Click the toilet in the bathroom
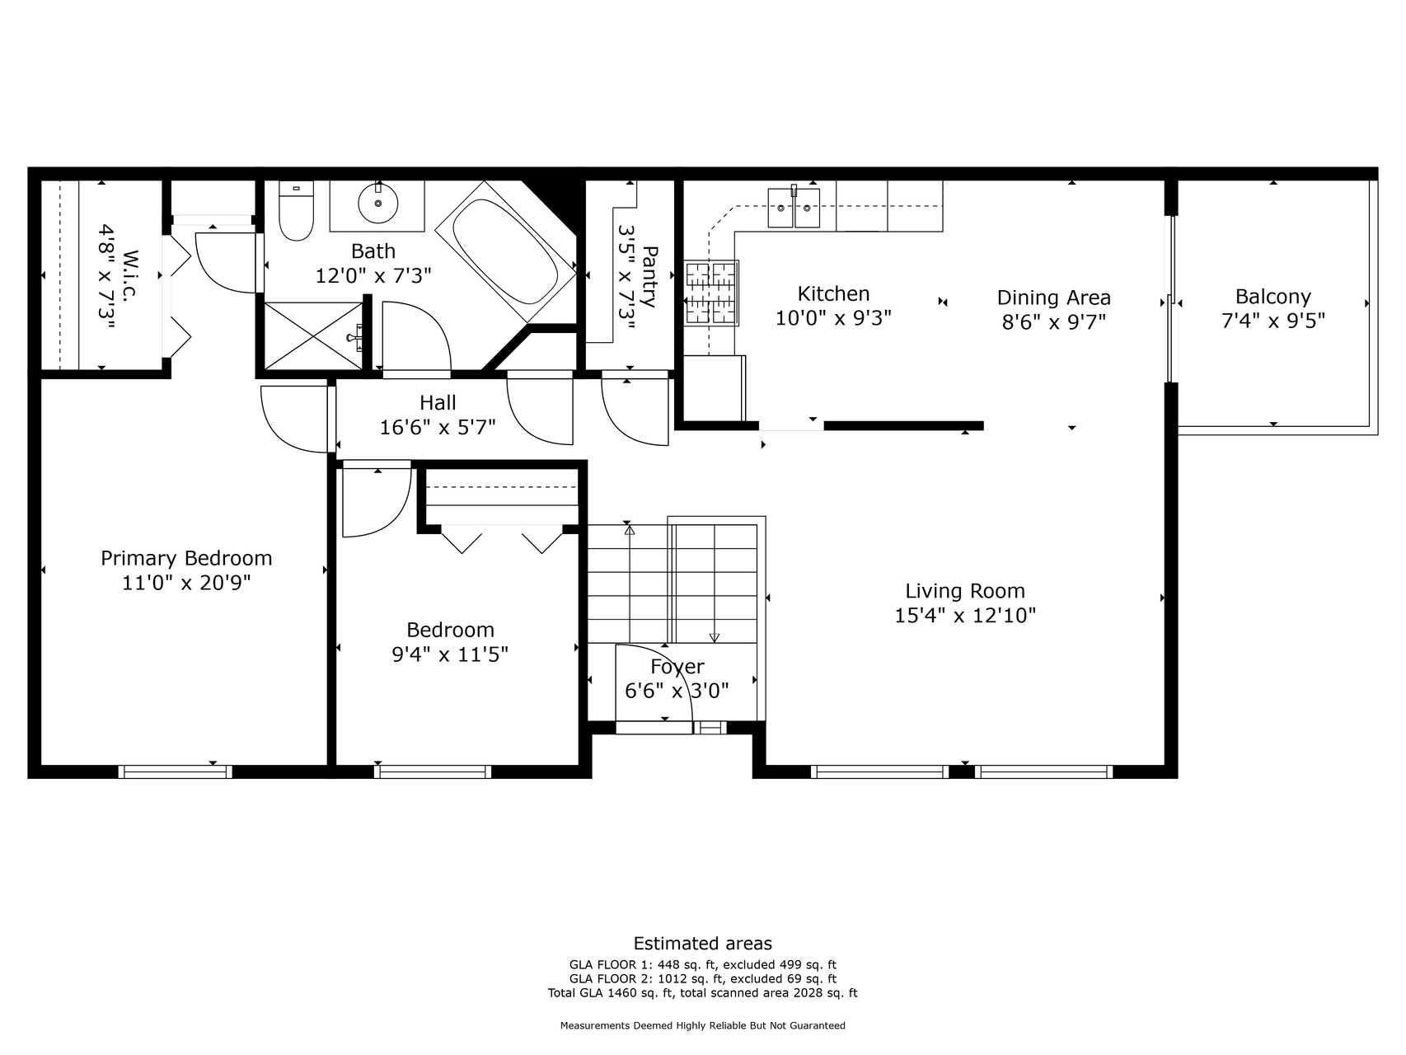297,211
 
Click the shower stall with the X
313,335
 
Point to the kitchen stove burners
711,292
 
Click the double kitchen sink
794,207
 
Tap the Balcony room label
1272,297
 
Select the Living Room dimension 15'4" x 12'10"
965,615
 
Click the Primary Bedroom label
186,558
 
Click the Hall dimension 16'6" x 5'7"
438,427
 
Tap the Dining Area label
1053,298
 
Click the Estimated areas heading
703,944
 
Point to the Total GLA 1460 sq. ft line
703,993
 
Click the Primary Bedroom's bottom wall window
175,771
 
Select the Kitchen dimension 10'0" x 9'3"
833,317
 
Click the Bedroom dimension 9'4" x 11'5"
450,654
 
